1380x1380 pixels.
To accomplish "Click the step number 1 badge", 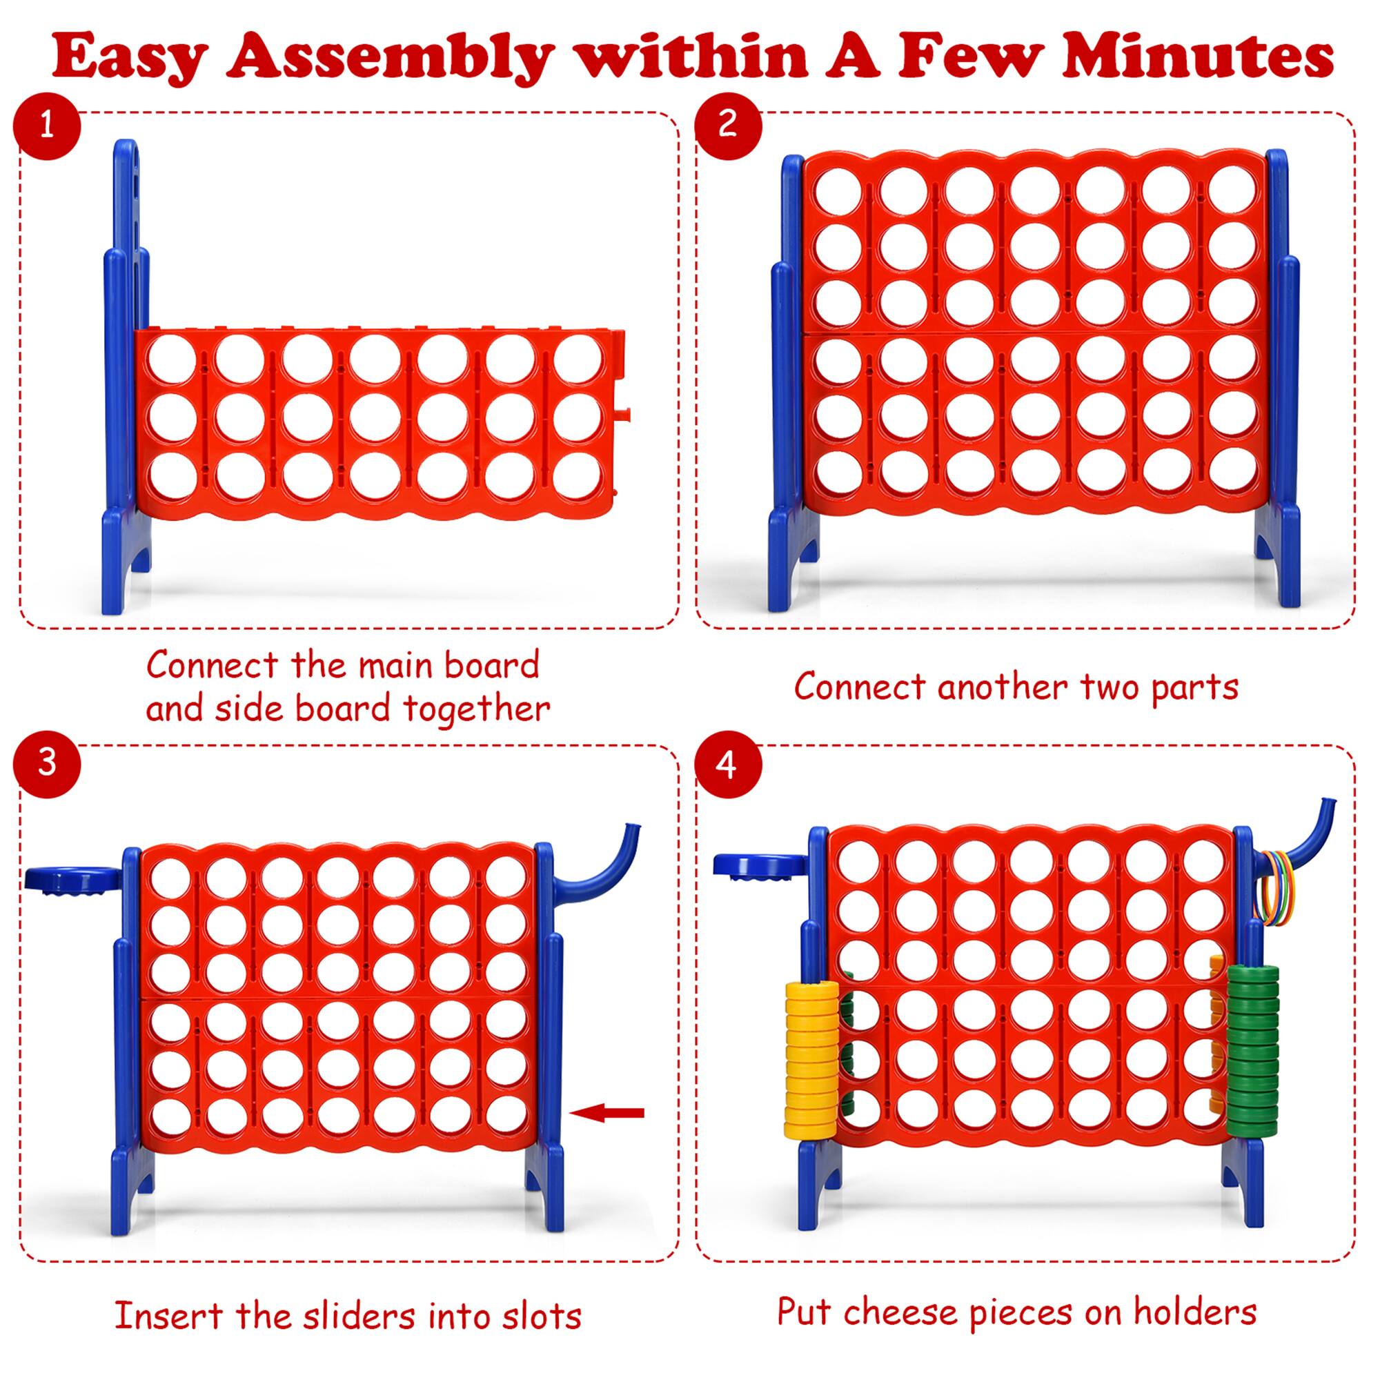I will (46, 126).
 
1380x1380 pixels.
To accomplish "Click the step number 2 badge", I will (727, 124).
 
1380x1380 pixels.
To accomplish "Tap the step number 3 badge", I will (46, 762).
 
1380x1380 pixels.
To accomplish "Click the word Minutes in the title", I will (1197, 57).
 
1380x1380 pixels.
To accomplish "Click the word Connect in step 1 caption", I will (212, 666).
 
